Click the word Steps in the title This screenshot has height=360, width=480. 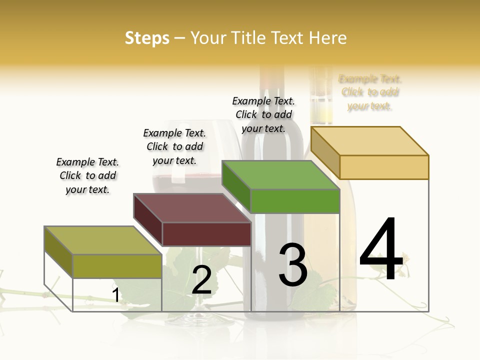pos(147,38)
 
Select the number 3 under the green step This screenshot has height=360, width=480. pos(293,265)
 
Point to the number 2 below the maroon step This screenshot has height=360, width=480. pos(201,280)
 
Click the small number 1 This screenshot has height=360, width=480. pos(116,295)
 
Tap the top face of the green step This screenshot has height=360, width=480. pos(280,175)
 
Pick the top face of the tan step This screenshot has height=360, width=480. pos(369,140)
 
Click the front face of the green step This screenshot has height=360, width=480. pos(295,201)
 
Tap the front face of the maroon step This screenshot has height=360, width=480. pos(206,234)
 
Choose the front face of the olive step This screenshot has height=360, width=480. pos(117,266)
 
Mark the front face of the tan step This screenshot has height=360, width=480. pos(384,167)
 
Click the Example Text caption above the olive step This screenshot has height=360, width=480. pos(87,175)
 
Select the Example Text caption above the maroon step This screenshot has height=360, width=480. pos(174,146)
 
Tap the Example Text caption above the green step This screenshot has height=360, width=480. pos(263,114)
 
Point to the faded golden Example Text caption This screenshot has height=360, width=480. pos(370,92)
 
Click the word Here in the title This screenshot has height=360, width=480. pos(327,38)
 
